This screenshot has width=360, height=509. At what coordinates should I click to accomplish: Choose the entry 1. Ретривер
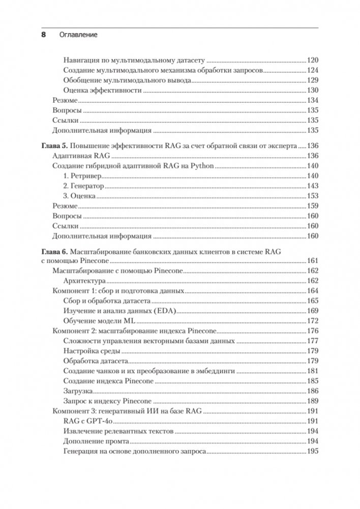[82, 175]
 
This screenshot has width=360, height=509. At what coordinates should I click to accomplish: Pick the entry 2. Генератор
[85, 186]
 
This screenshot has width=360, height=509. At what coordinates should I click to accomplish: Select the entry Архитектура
[84, 281]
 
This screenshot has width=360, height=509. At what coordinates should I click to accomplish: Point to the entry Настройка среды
[92, 351]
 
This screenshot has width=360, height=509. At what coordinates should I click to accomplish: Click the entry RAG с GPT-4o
[87, 421]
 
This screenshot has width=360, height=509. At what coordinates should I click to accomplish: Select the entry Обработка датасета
[96, 361]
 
